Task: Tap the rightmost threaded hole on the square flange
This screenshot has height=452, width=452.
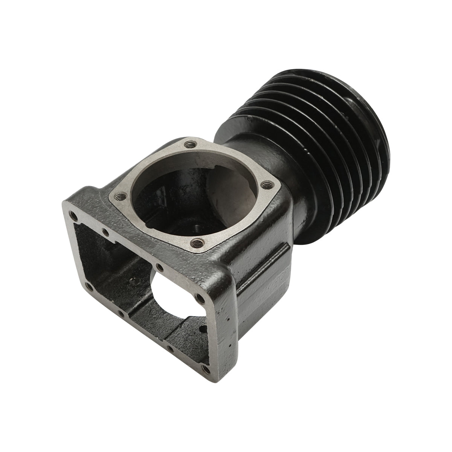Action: point(267,185)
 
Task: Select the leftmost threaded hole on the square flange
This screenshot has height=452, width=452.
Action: point(122,196)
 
